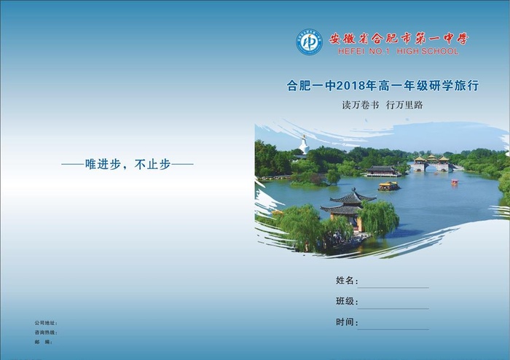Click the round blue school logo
click(309, 42)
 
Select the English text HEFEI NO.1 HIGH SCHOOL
click(399, 52)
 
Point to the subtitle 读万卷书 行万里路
click(382, 105)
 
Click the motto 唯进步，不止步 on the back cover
click(127, 165)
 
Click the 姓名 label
click(345, 281)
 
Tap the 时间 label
click(345, 322)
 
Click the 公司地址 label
click(45, 322)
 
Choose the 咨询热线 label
click(45, 332)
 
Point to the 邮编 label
click(43, 341)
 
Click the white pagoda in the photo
click(304, 145)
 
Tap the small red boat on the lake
click(455, 182)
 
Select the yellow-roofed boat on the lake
click(388, 186)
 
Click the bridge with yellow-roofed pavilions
click(431, 163)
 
